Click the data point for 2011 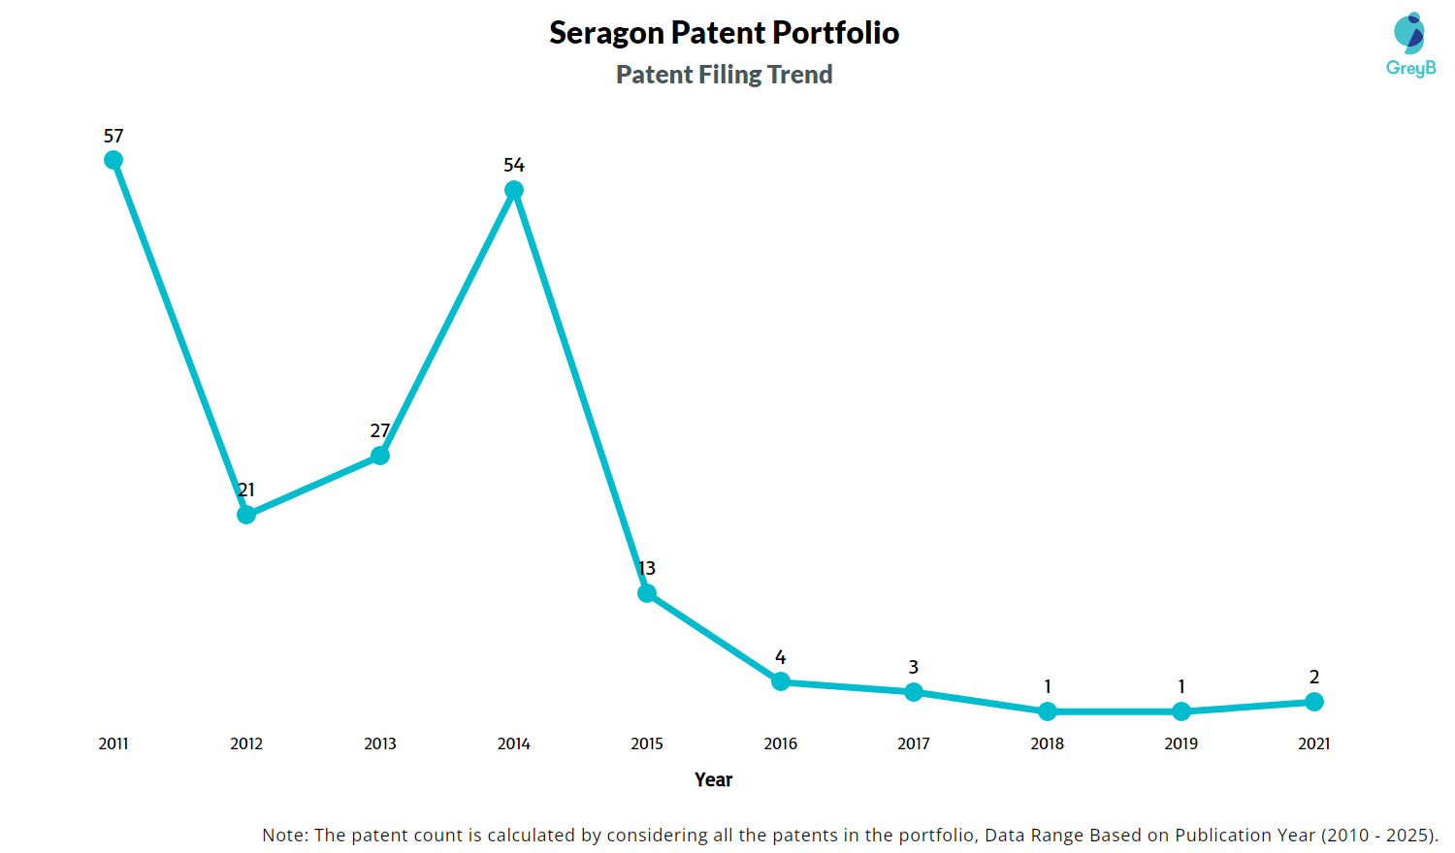(x=113, y=160)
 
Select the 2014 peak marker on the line (x=514, y=190)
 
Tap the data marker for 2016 (x=781, y=681)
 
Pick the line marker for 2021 (x=1314, y=702)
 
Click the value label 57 (x=113, y=137)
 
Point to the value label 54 (x=514, y=166)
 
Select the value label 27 (x=380, y=430)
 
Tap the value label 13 (x=647, y=568)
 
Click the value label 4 (x=781, y=657)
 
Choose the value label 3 (x=914, y=667)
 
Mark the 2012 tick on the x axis (x=246, y=743)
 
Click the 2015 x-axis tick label (x=647, y=743)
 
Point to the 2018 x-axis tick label (x=1048, y=743)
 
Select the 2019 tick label (x=1181, y=743)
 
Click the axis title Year (x=714, y=779)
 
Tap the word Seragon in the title (x=607, y=33)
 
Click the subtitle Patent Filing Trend (x=725, y=75)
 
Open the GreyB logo (x=1410, y=45)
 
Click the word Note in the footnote (x=283, y=835)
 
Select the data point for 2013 (x=380, y=456)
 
